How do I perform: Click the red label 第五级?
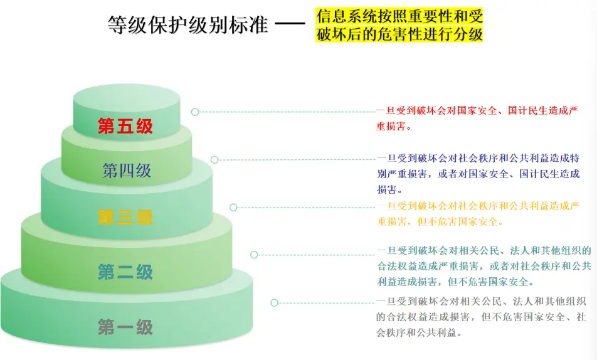click(x=125, y=126)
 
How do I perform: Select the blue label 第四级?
click(x=127, y=171)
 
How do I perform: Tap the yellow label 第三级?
click(x=125, y=218)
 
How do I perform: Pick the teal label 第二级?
click(x=125, y=272)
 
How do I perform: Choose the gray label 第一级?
click(x=125, y=327)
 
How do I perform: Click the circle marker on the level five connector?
click(x=195, y=112)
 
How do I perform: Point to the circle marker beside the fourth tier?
click(x=214, y=160)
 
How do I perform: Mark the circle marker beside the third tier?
click(x=233, y=207)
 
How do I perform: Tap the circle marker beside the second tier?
click(x=254, y=255)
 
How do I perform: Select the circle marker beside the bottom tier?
click(x=274, y=303)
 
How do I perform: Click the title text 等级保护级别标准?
click(x=188, y=24)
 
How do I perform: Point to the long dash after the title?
click(x=290, y=24)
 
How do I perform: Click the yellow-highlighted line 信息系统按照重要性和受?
click(x=399, y=16)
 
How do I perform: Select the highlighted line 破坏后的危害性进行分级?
click(x=399, y=34)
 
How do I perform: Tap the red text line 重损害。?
click(x=394, y=127)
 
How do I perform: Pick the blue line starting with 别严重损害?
click(x=478, y=174)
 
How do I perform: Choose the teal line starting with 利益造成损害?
click(x=456, y=282)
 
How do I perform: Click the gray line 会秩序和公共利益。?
click(x=419, y=332)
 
